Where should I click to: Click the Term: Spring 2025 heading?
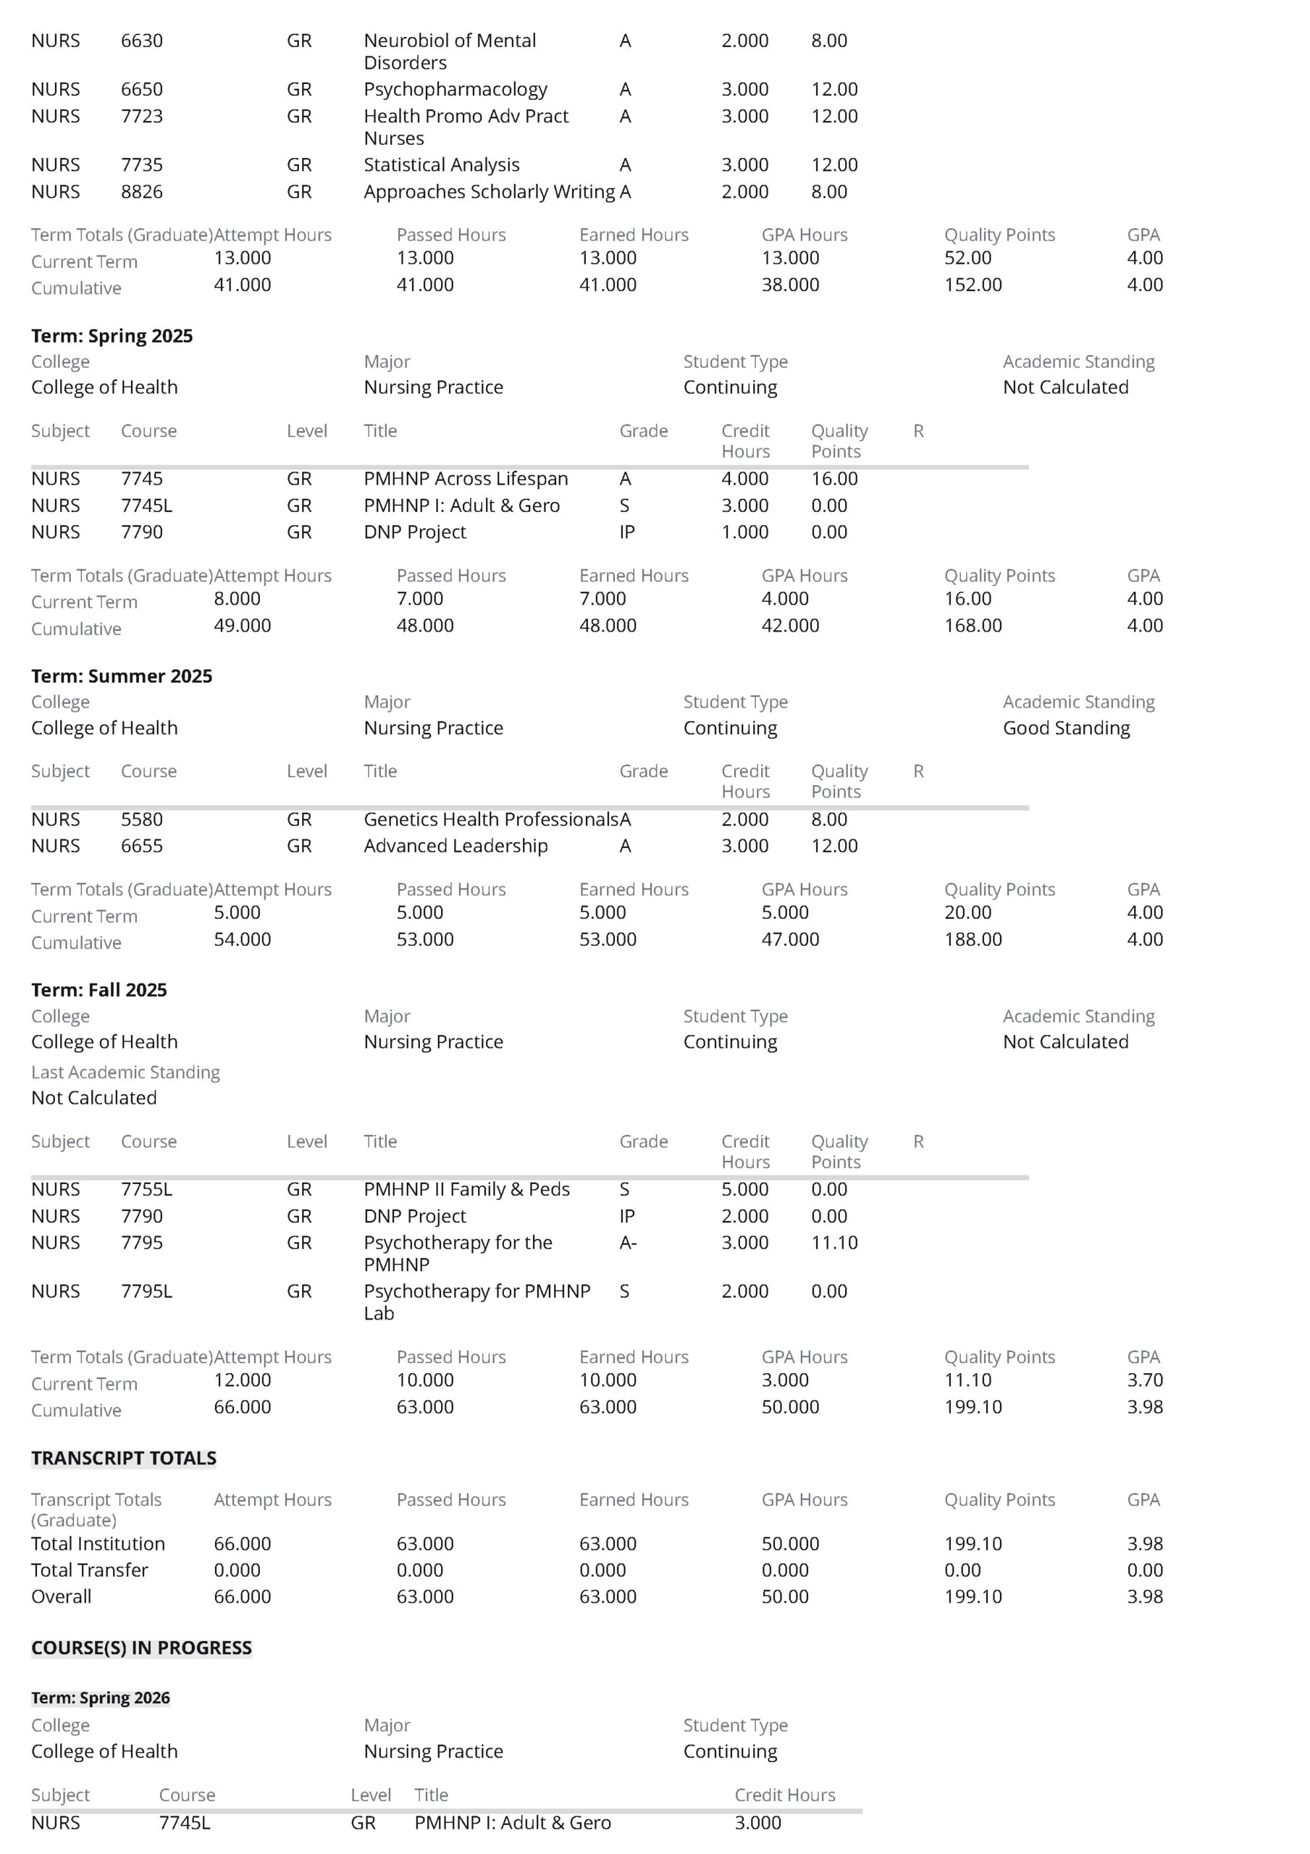[x=112, y=336]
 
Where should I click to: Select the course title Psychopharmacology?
[x=455, y=89]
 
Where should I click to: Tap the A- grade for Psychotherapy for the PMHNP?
[x=628, y=1242]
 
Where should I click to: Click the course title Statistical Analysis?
[x=441, y=164]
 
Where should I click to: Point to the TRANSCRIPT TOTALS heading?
[x=124, y=1458]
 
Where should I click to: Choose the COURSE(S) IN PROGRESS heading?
[x=141, y=1648]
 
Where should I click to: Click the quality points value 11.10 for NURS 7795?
[x=834, y=1242]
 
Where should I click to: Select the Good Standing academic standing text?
[x=1066, y=728]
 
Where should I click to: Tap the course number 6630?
[x=141, y=41]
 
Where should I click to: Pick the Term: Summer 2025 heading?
[x=121, y=676]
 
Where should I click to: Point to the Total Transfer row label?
[x=90, y=1570]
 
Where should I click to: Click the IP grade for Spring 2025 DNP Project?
[x=626, y=532]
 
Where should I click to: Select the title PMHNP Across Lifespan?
[x=465, y=479]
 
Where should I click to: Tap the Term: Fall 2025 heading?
[x=98, y=990]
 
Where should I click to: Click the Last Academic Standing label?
[x=125, y=1073]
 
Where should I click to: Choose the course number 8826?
[x=141, y=191]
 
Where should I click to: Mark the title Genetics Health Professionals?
[x=490, y=819]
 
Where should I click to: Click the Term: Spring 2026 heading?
[x=100, y=1698]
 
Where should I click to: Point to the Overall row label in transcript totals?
[x=61, y=1596]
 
